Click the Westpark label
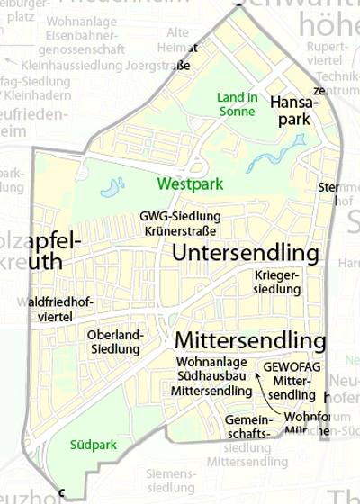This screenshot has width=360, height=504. pyautogui.click(x=187, y=184)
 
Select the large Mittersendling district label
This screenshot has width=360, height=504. pyautogui.click(x=249, y=342)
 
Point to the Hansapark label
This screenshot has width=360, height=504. pyautogui.click(x=290, y=111)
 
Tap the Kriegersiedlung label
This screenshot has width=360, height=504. pyautogui.click(x=277, y=281)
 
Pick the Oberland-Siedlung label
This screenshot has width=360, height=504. pyautogui.click(x=116, y=342)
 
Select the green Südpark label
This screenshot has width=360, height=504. pyautogui.click(x=87, y=444)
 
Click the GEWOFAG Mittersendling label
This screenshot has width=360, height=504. pyautogui.click(x=292, y=381)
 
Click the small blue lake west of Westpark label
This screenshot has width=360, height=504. pyautogui.click(x=112, y=188)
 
